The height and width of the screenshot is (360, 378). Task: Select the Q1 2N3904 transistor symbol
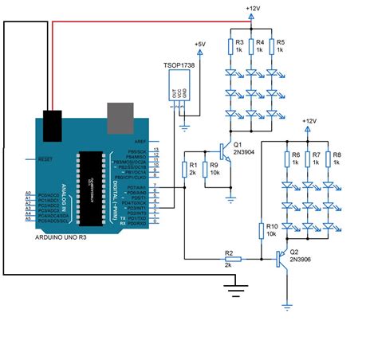pyautogui.click(x=226, y=153)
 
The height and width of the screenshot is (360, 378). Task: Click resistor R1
pyautogui.click(x=184, y=169)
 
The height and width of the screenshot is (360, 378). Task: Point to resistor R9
pyautogui.click(x=206, y=169)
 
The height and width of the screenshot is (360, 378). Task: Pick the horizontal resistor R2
pyautogui.click(x=230, y=259)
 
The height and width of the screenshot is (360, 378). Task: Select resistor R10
pyautogui.click(x=262, y=232)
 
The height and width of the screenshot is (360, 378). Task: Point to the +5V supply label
pyautogui.click(x=199, y=44)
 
